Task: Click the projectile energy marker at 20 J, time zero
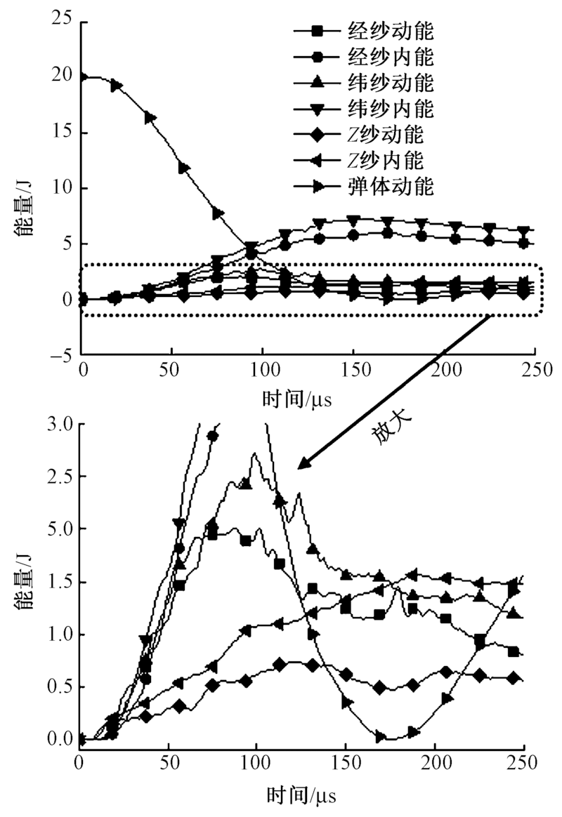[x=83, y=77]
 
